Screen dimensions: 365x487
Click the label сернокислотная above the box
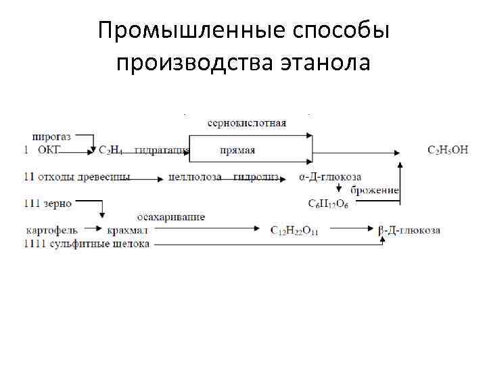(246, 123)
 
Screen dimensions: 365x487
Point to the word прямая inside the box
(237, 149)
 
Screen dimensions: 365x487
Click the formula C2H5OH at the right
(448, 149)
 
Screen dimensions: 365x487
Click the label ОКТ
(49, 149)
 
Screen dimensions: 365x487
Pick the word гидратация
(161, 149)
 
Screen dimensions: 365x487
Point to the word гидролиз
(256, 177)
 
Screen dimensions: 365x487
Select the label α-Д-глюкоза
(330, 177)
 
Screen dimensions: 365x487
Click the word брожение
(375, 190)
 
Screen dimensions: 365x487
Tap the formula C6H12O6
(329, 203)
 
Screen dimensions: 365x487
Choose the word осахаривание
(171, 217)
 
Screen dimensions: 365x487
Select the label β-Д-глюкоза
(409, 230)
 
